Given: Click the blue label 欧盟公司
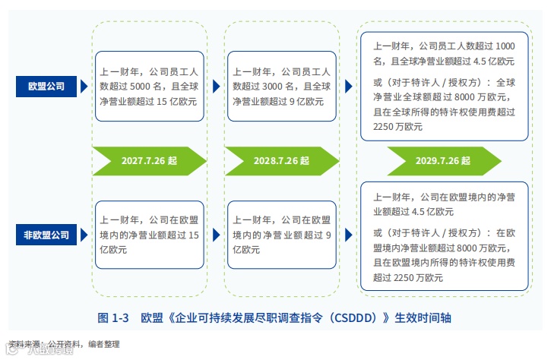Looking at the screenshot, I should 46,87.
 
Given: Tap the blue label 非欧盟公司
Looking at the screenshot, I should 46,235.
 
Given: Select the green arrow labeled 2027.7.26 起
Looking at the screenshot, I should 149,161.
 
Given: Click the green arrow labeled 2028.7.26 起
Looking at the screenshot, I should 281,161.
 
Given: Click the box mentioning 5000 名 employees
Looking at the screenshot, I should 149,87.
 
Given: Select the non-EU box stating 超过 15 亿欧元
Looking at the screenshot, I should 149,235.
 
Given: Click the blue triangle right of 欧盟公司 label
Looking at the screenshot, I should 84,87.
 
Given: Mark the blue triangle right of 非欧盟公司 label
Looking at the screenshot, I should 84,235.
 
